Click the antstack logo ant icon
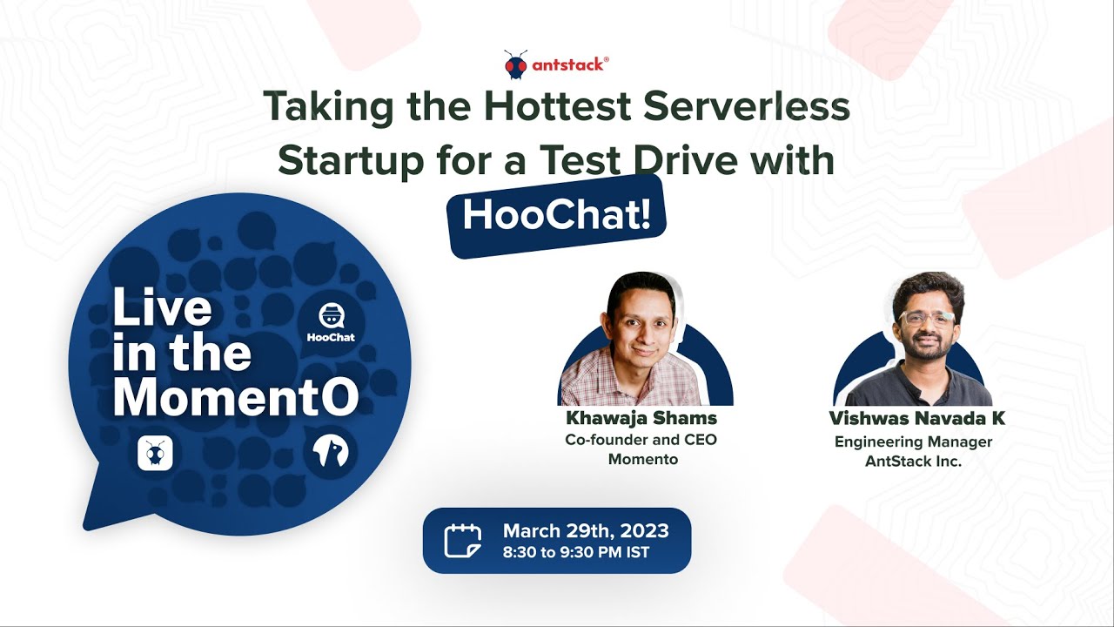tap(515, 64)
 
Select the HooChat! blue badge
tap(557, 216)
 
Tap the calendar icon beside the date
tap(462, 540)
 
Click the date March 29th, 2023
tap(586, 530)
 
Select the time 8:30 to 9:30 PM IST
tap(575, 552)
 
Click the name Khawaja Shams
tap(641, 418)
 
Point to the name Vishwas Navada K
tap(917, 419)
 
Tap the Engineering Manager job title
tap(913, 442)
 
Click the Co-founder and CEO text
tap(641, 440)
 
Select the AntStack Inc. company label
tap(913, 462)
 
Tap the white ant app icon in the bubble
tap(155, 454)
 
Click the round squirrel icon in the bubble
tap(331, 454)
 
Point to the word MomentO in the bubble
tap(235, 397)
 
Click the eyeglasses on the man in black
tap(927, 318)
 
